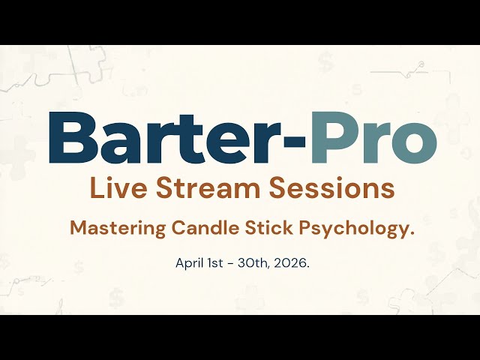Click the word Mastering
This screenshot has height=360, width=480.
[116, 229]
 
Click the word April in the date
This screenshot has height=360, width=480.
[189, 263]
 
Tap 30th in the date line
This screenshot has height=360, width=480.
[251, 263]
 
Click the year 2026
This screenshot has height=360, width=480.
[288, 263]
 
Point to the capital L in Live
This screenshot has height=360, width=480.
[94, 189]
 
